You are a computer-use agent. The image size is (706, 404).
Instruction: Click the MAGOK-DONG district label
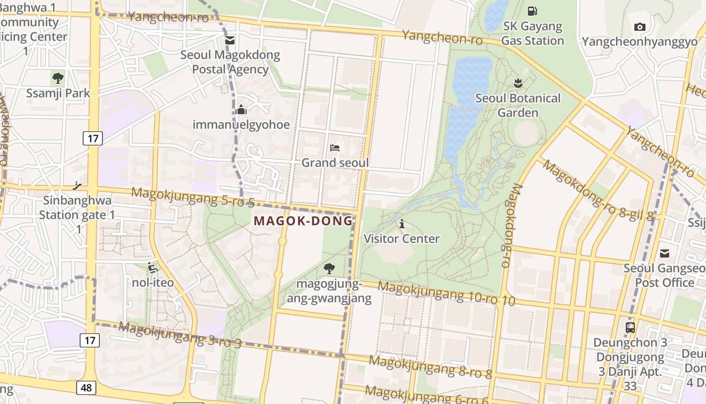pos(303,221)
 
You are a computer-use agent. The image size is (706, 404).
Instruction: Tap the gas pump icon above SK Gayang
pos(532,11)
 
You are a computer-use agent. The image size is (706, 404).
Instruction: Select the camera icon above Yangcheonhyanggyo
pos(639,27)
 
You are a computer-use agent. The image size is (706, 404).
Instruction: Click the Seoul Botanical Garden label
pos(518,105)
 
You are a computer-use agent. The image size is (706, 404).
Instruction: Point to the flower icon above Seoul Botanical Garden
pos(517,82)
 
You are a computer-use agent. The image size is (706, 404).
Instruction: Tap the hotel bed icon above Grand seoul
pos(335,147)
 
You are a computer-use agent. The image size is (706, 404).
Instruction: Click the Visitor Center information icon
pos(401,224)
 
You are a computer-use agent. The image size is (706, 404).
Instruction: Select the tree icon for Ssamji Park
pos(58,78)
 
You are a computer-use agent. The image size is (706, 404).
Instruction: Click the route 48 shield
pos(87,388)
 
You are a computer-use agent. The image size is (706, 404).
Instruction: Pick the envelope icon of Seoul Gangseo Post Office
pos(665,253)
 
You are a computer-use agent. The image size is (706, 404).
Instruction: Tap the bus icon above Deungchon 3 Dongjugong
pos(630,327)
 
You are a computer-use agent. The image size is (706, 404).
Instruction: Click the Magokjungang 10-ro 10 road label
pos(446,293)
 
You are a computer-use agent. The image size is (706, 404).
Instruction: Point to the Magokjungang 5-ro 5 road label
pos(193,197)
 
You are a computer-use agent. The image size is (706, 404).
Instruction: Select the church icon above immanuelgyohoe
pos(241,109)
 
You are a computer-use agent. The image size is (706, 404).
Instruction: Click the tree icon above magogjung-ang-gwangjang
pos(329,268)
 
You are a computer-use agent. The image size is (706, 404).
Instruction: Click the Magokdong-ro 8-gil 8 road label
pos(598,190)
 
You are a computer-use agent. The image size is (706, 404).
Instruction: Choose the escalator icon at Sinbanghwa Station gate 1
pos(77,185)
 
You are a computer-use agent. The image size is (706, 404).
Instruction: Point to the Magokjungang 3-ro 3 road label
pos(180,335)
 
